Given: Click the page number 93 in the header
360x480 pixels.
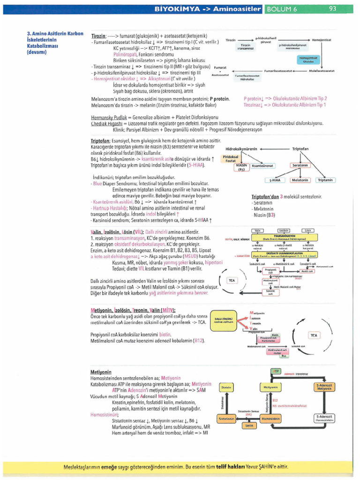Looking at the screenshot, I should pos(333,8).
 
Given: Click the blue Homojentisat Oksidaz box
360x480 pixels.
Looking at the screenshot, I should pos(308,60).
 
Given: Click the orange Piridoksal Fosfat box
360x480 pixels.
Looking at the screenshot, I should pos(231,158).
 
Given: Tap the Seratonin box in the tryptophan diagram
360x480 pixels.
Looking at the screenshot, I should pos(300,165).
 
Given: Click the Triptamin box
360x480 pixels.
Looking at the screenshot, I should pos(325,180).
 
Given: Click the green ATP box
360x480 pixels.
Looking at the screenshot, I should pos(276,371).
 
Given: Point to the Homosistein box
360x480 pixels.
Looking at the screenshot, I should pos(270,418).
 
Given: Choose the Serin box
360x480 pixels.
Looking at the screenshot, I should pos(249,426).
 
